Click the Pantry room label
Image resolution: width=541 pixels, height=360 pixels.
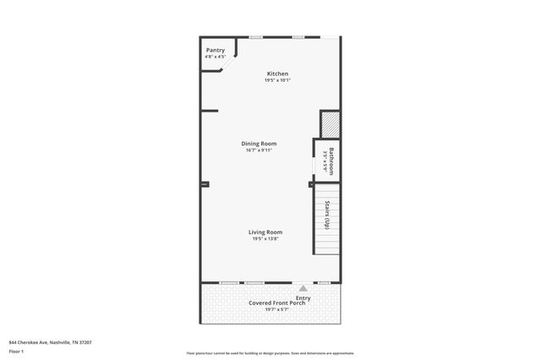(x=216, y=51)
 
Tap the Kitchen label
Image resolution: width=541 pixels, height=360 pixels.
(x=277, y=74)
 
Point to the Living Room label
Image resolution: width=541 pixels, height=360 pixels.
(x=265, y=232)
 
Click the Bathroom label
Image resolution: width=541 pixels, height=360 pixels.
(x=331, y=161)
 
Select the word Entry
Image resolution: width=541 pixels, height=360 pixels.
(x=303, y=297)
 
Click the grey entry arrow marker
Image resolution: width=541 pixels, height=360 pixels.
(x=303, y=288)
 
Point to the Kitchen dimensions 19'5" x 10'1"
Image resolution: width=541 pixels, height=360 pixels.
(x=277, y=80)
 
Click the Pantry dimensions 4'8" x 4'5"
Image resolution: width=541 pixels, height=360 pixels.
(x=216, y=57)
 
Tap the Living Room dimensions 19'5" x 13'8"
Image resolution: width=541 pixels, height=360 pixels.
(x=265, y=239)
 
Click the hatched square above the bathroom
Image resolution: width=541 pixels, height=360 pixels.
(x=330, y=124)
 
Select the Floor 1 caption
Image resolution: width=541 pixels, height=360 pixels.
(x=16, y=351)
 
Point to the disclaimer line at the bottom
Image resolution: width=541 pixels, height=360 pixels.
(x=270, y=353)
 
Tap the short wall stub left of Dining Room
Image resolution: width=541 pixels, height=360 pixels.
(x=209, y=111)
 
